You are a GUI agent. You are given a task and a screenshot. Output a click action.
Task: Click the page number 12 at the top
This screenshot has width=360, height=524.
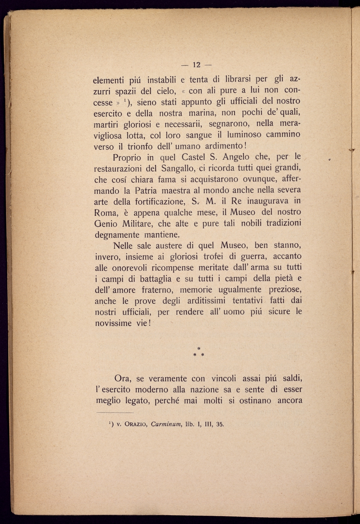point(196,65)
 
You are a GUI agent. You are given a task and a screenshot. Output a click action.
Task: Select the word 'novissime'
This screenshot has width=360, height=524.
point(113,323)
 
